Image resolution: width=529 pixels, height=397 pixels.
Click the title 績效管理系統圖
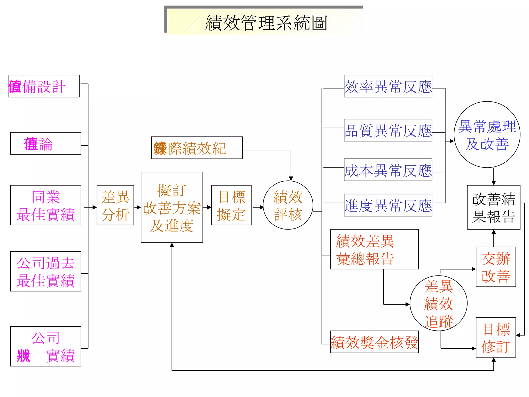[266, 23]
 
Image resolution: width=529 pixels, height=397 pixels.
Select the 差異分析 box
[115, 205]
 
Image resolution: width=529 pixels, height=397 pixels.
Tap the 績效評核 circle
[288, 205]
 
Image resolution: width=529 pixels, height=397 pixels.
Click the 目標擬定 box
[231, 205]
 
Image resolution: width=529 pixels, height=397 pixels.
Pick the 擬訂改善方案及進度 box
[172, 207]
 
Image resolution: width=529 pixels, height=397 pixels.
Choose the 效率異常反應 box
[388, 86]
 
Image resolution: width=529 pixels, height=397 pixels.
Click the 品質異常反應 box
[388, 130]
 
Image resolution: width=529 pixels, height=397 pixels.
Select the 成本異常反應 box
[388, 170]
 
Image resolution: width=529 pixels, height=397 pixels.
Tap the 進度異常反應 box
[388, 205]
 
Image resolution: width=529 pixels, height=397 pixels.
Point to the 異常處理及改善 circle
[487, 135]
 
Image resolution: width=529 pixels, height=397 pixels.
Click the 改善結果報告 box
[493, 207]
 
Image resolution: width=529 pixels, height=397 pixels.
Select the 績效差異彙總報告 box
[374, 249]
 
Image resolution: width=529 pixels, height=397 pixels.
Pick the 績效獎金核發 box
[374, 342]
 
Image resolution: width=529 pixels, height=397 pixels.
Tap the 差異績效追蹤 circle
[438, 303]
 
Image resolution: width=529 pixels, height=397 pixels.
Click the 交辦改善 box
[496, 267]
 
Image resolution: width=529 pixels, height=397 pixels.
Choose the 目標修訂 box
[496, 338]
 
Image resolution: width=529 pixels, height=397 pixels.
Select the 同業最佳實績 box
[46, 205]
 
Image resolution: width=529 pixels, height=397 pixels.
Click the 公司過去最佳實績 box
[46, 271]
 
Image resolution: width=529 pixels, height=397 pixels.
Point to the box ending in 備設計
[44, 86]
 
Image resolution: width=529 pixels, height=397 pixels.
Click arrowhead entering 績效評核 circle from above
[291, 179]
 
